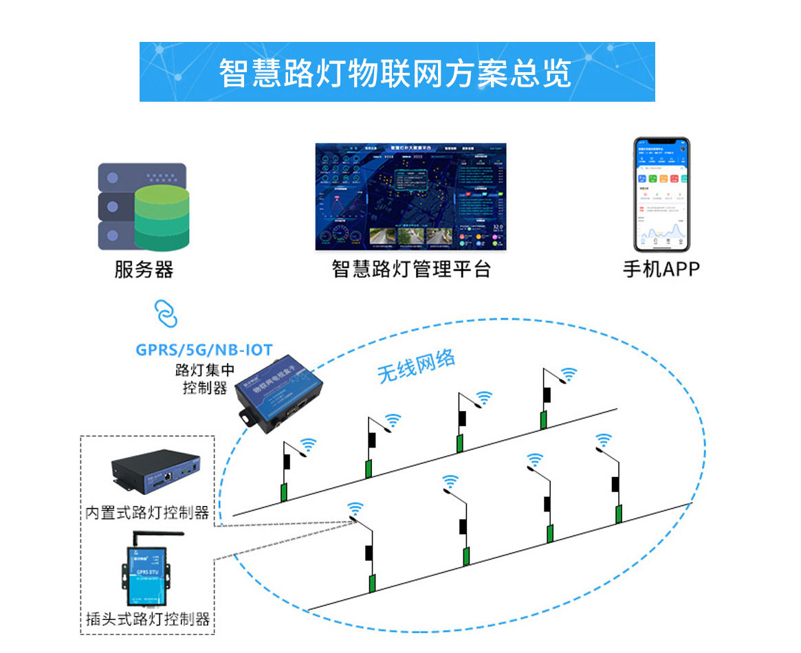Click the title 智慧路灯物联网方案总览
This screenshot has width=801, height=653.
tap(396, 72)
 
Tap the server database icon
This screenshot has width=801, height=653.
tap(142, 206)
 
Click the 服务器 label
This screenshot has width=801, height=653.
tap(144, 269)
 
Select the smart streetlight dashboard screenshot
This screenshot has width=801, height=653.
tap(410, 197)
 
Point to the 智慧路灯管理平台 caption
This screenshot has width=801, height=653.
tap(411, 269)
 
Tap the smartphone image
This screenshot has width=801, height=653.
tap(661, 195)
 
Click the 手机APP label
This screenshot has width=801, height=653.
tap(661, 269)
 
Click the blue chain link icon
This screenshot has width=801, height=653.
tap(165, 313)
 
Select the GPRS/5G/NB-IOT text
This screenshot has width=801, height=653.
tap(204, 349)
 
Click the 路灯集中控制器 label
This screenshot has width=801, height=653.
tap(204, 379)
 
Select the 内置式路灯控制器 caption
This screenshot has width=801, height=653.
tap(147, 513)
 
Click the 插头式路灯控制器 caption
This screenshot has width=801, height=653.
tap(148, 619)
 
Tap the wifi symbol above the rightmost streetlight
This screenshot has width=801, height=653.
tap(604, 439)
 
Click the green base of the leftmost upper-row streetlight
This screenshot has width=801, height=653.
tap(283, 492)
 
